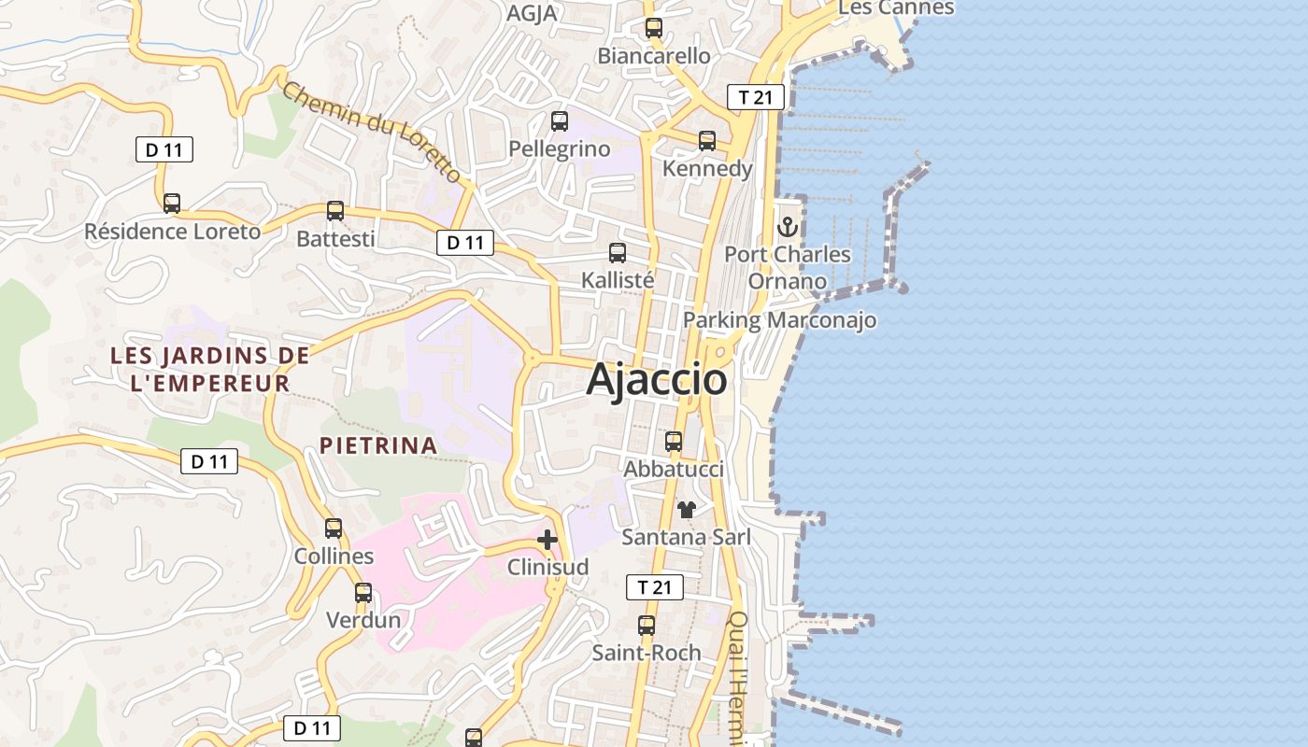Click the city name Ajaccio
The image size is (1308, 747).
[x=657, y=380]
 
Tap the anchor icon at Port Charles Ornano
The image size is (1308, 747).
[x=788, y=227]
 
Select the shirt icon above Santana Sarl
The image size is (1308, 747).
[x=687, y=509]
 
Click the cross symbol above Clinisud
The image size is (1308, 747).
[x=547, y=540]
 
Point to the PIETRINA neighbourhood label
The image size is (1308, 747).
[x=378, y=445]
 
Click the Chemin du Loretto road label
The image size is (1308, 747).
[x=372, y=132]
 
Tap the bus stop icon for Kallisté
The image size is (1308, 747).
[x=617, y=252]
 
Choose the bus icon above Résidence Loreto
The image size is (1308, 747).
[x=171, y=203]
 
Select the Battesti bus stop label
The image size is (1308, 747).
[x=335, y=239]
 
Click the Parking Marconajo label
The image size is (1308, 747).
[x=779, y=320]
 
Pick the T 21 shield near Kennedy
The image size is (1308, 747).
[x=755, y=96]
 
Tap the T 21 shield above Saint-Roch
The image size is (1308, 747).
[x=654, y=587]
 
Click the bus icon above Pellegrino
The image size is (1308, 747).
[x=559, y=120]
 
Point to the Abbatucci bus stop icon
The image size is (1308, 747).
[x=673, y=441]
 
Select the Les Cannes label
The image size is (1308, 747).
[x=896, y=7]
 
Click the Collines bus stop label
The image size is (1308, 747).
[x=334, y=557]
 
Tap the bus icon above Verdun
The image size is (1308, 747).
[x=363, y=592]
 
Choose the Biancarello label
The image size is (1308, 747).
[x=654, y=56]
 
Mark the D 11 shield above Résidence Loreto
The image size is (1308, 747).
[x=164, y=149]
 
